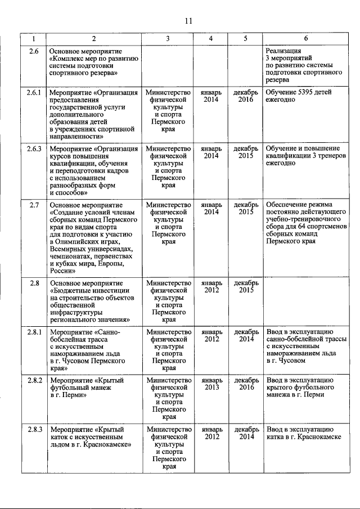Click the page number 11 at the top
tap(188, 21)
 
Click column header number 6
tap(305, 39)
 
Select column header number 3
tap(168, 39)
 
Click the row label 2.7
tap(34, 205)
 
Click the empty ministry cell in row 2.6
tap(168, 63)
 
